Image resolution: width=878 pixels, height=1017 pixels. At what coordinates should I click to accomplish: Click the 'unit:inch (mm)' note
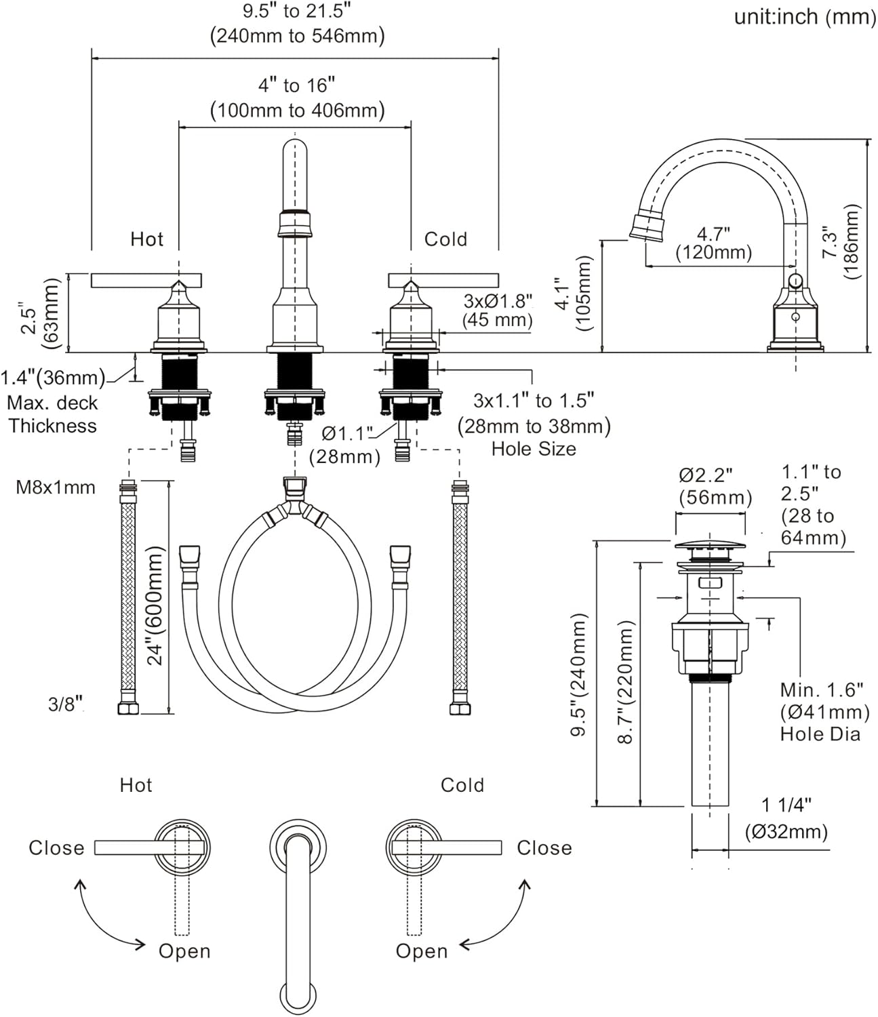tap(804, 17)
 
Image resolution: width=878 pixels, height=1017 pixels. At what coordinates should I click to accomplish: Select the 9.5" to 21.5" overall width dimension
tap(297, 24)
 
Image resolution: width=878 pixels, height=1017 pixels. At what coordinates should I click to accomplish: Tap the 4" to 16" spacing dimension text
tap(297, 98)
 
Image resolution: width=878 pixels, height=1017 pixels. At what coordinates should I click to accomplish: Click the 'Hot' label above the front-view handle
tap(147, 239)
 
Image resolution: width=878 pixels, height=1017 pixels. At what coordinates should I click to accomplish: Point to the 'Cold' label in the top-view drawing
tap(462, 785)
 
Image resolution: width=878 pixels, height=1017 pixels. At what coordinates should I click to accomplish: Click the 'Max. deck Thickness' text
tap(53, 414)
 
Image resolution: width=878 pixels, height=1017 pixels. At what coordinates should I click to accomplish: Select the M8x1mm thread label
tap(56, 487)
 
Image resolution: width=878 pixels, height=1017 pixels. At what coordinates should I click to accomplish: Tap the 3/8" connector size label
tap(65, 704)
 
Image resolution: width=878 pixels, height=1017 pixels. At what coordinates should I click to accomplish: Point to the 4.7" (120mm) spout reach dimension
tap(713, 243)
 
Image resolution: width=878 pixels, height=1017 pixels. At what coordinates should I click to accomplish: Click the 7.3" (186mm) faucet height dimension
tap(840, 242)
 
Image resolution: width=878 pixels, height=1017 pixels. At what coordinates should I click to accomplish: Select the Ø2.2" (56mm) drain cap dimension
tap(715, 485)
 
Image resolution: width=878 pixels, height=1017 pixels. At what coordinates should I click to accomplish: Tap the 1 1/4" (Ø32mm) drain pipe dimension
tap(786, 818)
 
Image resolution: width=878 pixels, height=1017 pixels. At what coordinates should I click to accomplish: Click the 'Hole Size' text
tap(534, 449)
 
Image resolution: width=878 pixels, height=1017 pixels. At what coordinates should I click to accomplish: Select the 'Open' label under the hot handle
tap(184, 951)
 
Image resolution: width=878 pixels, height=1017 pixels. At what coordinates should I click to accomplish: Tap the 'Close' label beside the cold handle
tap(544, 848)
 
